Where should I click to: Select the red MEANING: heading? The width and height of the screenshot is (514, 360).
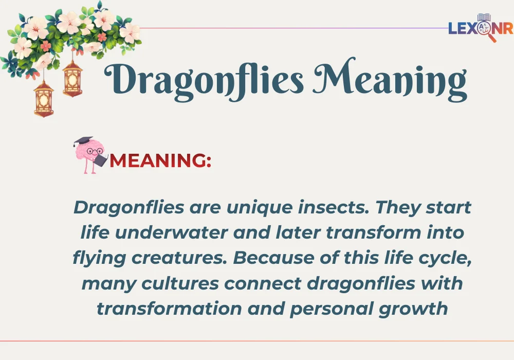click(x=160, y=161)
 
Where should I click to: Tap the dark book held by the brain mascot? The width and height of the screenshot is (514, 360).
click(x=101, y=160)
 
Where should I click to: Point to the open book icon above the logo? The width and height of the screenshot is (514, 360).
click(x=484, y=18)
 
